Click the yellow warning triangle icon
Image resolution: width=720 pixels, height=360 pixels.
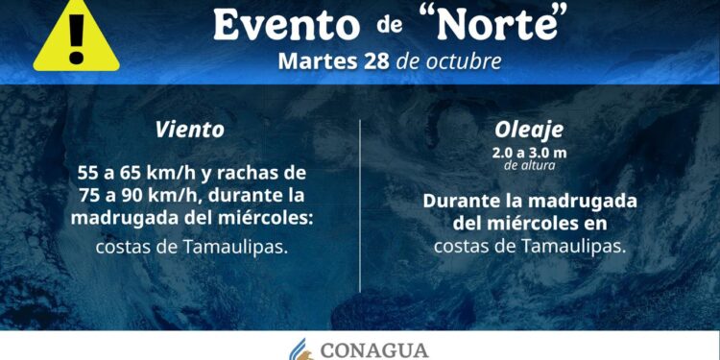76,36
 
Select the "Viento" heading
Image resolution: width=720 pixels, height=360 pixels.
191,129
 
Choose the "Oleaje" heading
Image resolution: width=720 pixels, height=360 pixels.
529,128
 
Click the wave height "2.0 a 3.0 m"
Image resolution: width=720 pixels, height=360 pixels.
529,152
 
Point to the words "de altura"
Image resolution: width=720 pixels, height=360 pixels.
529,165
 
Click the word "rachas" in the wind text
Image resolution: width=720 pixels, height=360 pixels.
259,174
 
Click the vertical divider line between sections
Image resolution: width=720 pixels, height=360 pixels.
360,206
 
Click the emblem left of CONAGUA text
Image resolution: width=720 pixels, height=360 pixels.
302,348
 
